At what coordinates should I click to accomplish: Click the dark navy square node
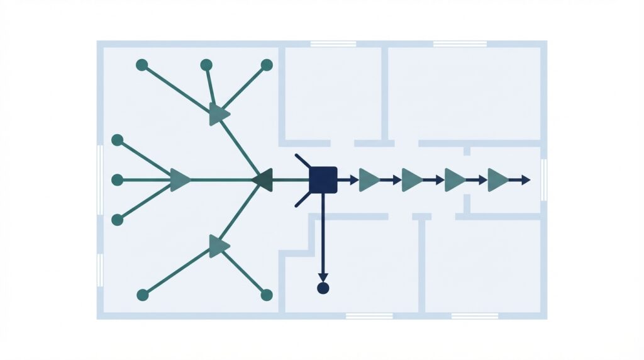click(323, 180)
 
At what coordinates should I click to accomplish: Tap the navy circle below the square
click(323, 288)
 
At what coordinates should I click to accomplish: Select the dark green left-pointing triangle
click(263, 180)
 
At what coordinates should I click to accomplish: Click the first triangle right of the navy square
click(369, 180)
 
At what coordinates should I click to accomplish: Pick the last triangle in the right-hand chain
click(497, 180)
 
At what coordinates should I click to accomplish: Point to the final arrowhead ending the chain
click(526, 180)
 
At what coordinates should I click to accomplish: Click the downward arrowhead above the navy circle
click(323, 278)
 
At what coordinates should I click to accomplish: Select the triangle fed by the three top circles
click(218, 115)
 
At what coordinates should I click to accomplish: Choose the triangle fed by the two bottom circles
click(218, 245)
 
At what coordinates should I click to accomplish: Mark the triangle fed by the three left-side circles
click(179, 180)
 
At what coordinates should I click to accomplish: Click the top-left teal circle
click(142, 65)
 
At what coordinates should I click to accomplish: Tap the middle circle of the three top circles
click(206, 65)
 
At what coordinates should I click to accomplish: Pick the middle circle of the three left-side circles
click(117, 180)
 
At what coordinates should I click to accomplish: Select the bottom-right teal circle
click(266, 295)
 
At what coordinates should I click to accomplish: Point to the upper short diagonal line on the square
click(303, 160)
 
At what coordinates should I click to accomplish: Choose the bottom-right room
click(483, 264)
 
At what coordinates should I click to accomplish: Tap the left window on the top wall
click(333, 44)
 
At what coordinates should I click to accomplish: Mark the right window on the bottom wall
click(475, 315)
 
